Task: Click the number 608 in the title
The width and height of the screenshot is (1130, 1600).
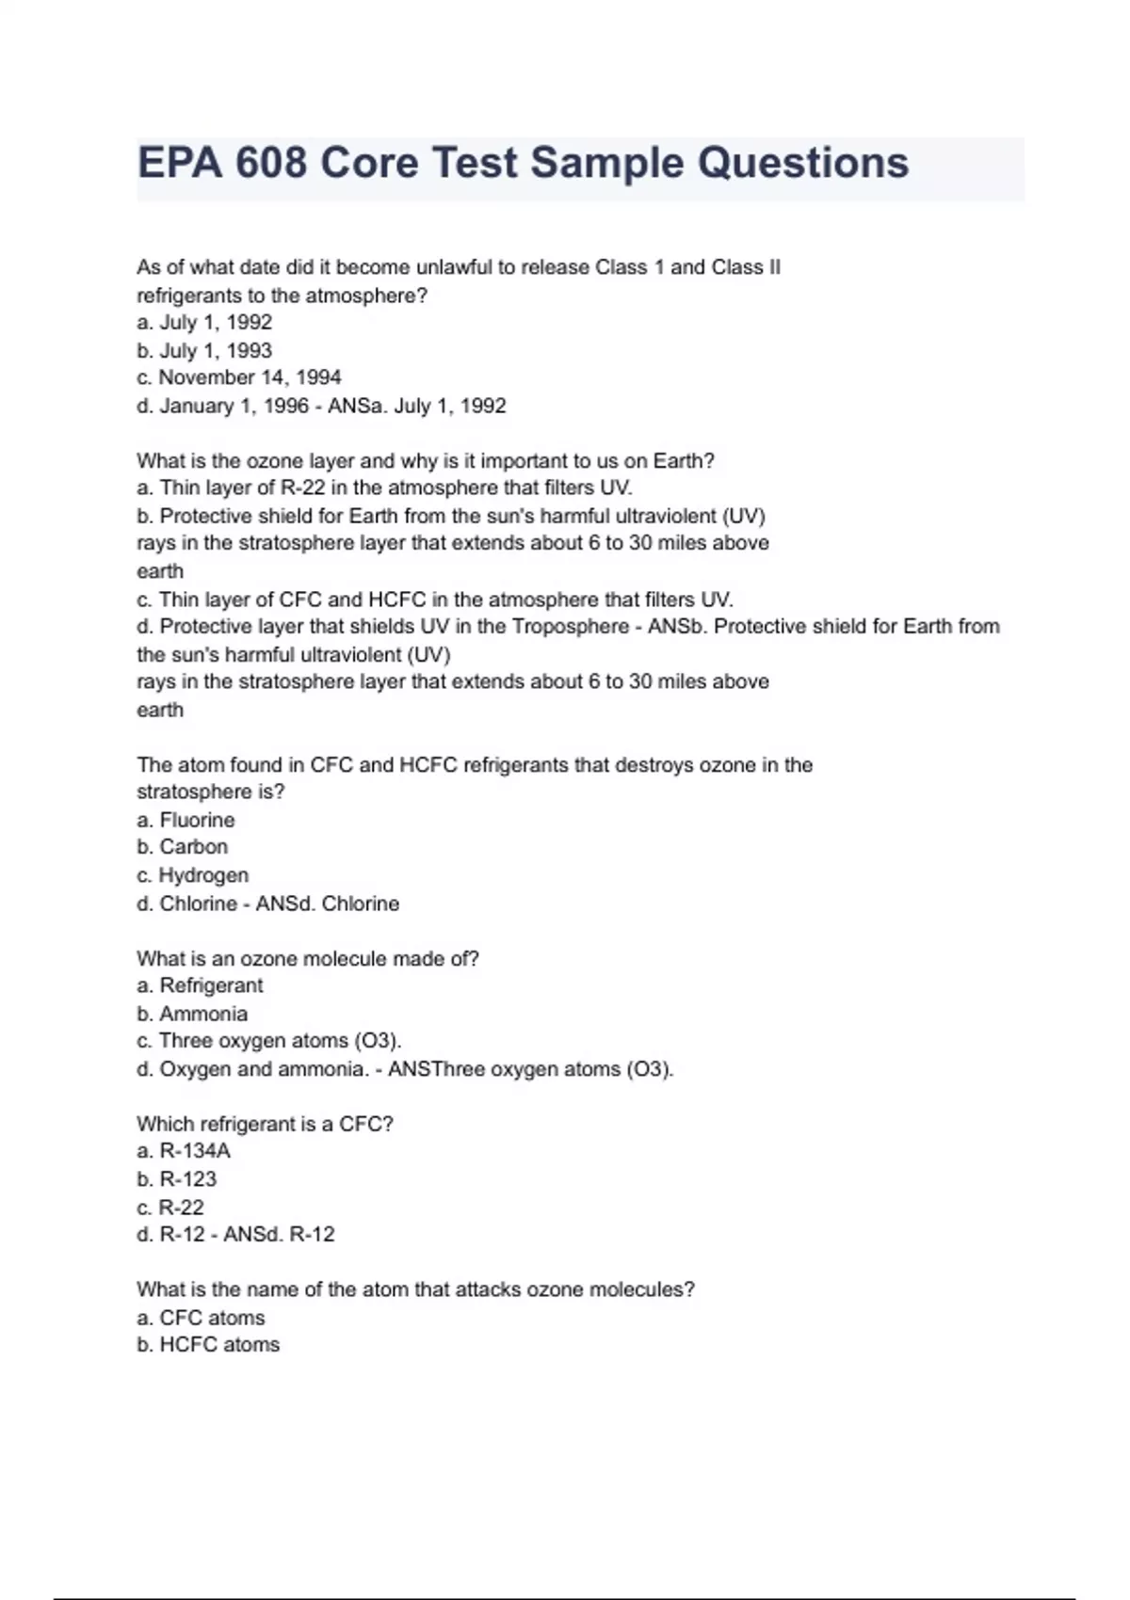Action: pyautogui.click(x=271, y=163)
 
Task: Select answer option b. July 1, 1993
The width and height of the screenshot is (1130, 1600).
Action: pyautogui.click(x=204, y=350)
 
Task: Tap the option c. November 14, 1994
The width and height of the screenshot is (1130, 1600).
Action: pyautogui.click(x=239, y=377)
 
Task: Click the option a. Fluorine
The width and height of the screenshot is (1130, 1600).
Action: pyautogui.click(x=186, y=820)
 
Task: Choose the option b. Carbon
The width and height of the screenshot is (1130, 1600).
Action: pyautogui.click(x=183, y=847)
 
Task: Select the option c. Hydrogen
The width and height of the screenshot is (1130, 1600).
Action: pyautogui.click(x=193, y=875)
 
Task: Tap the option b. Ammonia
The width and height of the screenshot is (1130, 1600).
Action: pyautogui.click(x=192, y=1014)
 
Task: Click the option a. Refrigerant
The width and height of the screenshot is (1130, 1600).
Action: pyautogui.click(x=200, y=985)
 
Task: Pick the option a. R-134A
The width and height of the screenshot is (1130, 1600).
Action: pyautogui.click(x=184, y=1151)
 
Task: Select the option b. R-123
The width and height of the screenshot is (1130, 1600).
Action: pyautogui.click(x=177, y=1179)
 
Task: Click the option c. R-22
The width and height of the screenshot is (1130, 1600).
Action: pyautogui.click(x=170, y=1208)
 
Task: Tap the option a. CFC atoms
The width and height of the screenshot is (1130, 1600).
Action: pyautogui.click(x=201, y=1318)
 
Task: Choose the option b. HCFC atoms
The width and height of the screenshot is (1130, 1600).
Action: pyautogui.click(x=208, y=1345)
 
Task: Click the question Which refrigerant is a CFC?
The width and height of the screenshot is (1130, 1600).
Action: pyautogui.click(x=265, y=1124)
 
